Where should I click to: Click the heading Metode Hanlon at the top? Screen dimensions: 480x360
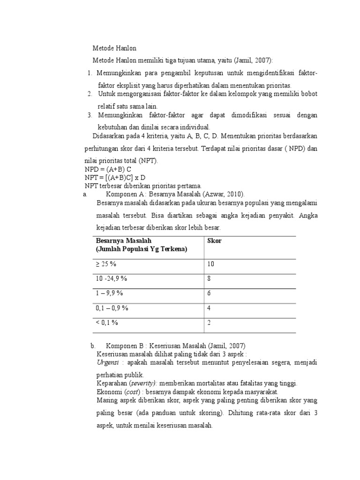(x=114, y=48)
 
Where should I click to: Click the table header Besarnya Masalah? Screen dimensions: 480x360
(x=124, y=240)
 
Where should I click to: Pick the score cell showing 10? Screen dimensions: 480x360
(x=210, y=264)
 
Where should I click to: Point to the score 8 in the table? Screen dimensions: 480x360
(x=209, y=278)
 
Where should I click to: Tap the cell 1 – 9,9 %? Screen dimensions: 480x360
(x=110, y=293)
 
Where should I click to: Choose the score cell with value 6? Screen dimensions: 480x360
(x=209, y=293)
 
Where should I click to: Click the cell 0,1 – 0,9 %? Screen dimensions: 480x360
(x=112, y=308)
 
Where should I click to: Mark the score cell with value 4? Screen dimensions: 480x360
(x=209, y=308)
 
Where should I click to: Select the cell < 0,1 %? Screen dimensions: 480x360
(x=107, y=322)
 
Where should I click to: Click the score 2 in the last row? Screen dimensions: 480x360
(x=209, y=322)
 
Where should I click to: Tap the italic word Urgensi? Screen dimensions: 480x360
(x=108, y=362)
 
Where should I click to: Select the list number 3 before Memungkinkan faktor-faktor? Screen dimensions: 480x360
(x=90, y=115)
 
